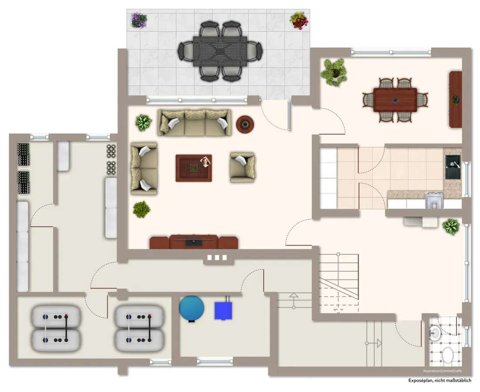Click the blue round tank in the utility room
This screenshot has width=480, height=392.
191,308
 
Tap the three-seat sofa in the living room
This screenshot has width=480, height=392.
194,122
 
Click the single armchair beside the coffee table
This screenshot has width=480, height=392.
243,167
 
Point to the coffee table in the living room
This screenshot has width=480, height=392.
194,168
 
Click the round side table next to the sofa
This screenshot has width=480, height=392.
245,124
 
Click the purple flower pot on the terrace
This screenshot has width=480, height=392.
139,20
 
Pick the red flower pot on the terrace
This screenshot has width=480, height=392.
299,20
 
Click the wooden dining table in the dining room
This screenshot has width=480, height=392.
395,100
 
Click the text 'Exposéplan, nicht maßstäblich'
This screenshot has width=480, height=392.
440,380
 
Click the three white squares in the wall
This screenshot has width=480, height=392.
217,258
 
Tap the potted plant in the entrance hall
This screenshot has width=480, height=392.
451,226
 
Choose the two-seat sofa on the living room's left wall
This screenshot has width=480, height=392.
144,168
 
